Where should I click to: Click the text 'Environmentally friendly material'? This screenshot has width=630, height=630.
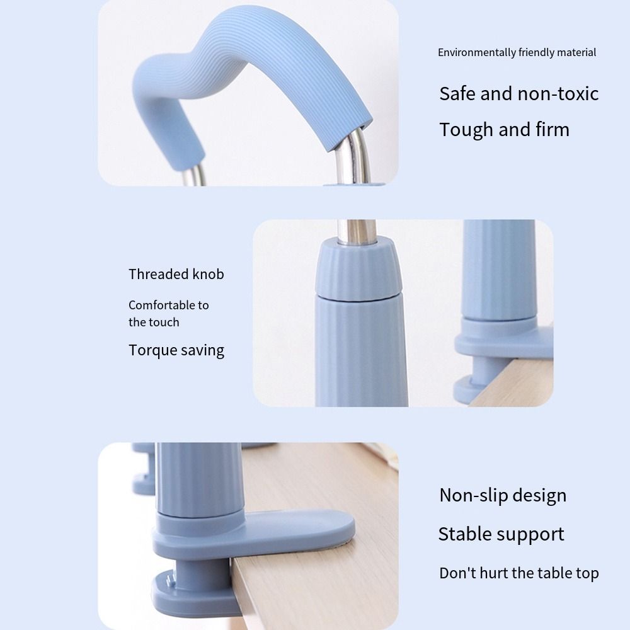(x=517, y=52)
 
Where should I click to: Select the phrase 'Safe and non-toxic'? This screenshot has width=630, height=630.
(x=518, y=94)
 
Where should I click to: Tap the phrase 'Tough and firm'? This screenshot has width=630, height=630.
(x=504, y=130)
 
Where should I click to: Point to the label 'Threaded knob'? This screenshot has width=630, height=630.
(x=176, y=274)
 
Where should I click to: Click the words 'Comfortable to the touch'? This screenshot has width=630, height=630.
(x=168, y=313)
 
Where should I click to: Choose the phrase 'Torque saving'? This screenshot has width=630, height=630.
(x=176, y=350)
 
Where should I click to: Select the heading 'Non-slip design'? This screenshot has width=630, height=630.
(x=503, y=495)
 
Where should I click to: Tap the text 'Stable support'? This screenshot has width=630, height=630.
(x=501, y=534)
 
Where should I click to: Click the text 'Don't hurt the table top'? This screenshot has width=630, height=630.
(x=518, y=573)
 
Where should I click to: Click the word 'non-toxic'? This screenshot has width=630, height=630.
(x=558, y=94)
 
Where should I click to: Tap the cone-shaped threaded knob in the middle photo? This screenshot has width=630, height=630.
(x=357, y=270)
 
